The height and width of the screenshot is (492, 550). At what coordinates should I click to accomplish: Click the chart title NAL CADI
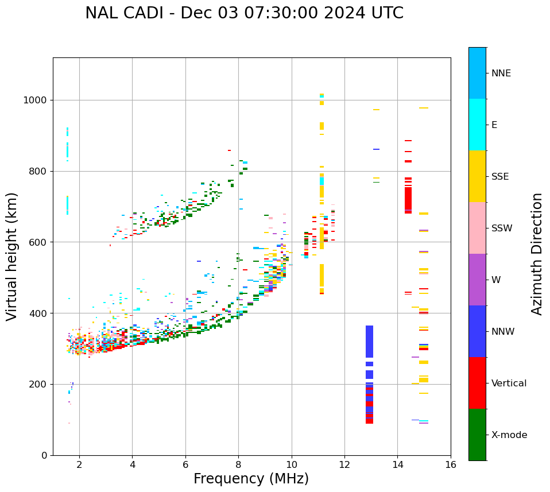click(244, 13)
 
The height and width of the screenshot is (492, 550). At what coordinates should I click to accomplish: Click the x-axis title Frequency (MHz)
click(251, 479)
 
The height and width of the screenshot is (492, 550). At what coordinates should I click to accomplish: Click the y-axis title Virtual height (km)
click(12, 257)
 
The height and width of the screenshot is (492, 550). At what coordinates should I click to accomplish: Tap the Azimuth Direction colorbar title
click(537, 254)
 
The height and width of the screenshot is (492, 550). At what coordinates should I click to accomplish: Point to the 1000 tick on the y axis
click(38, 100)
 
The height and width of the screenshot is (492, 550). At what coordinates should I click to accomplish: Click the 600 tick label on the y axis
click(41, 242)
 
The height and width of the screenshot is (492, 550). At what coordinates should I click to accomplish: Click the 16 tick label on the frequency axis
click(451, 464)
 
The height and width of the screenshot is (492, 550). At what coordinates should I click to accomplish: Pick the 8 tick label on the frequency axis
click(238, 464)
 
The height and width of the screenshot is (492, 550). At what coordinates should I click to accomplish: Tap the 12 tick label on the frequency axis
click(344, 464)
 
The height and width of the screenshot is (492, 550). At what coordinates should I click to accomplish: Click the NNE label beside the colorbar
click(501, 73)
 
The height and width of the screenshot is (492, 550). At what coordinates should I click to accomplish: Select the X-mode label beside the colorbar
click(509, 435)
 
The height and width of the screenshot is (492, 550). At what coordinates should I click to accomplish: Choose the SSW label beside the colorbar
click(502, 228)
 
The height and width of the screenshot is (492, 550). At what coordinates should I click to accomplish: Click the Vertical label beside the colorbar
click(509, 383)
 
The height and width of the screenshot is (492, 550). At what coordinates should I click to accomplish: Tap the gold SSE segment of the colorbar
click(477, 176)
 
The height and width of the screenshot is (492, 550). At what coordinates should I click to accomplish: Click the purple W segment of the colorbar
click(477, 280)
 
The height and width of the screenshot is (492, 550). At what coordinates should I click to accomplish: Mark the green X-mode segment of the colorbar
click(477, 435)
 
